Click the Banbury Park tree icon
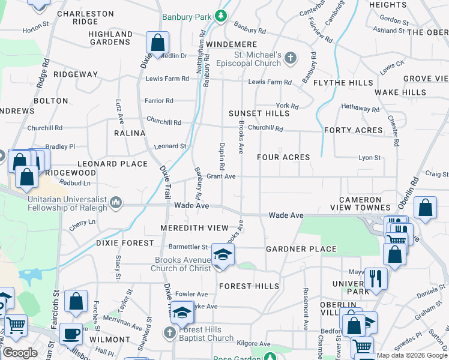coord(221,15)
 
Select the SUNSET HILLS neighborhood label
coord(259,113)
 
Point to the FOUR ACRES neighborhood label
coord(283,157)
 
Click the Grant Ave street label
coord(221,176)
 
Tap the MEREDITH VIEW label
coord(194,228)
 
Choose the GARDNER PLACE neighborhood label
coord(301,249)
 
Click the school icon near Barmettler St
coord(223,256)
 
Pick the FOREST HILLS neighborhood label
coord(249,286)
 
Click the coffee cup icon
coord(71,333)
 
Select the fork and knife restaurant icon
coord(376,278)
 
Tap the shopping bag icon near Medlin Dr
coord(157,43)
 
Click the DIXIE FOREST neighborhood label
coord(124,243)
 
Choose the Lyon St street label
coord(369,157)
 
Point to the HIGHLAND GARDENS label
coord(110,38)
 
